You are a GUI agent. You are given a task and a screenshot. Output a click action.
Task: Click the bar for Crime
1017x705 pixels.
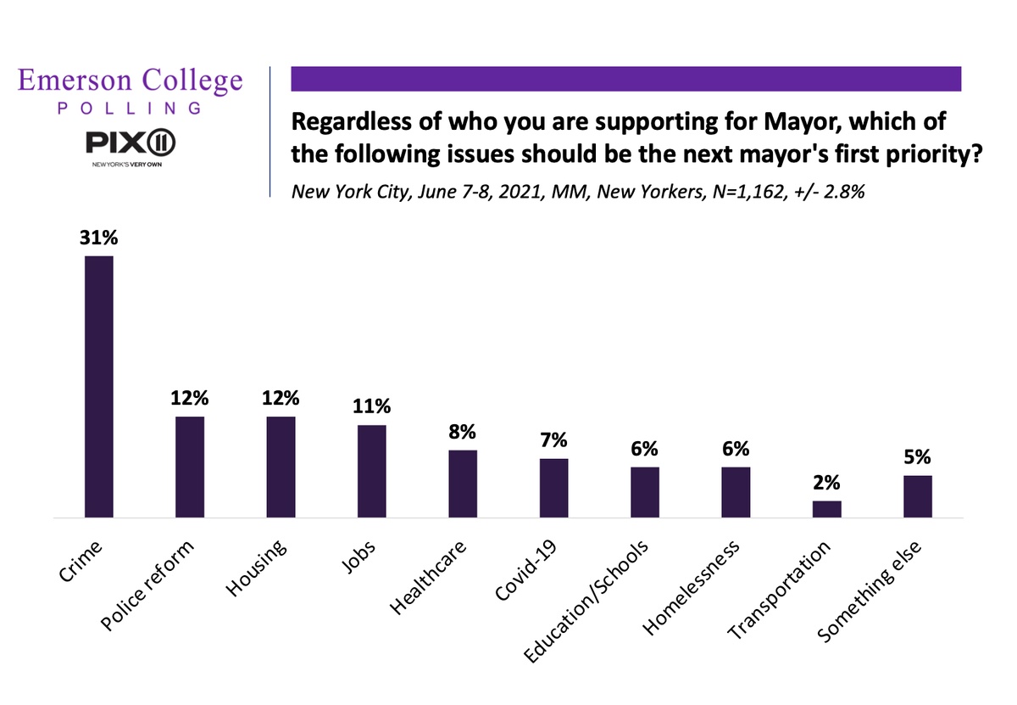click(x=98, y=386)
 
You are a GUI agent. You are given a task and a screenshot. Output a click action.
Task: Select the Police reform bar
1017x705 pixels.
click(x=189, y=467)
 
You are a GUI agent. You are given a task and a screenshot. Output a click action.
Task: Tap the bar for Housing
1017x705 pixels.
click(x=281, y=467)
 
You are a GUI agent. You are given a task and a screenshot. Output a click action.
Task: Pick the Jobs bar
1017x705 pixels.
click(x=371, y=471)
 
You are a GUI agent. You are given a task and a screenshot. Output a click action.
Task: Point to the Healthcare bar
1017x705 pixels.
click(x=462, y=484)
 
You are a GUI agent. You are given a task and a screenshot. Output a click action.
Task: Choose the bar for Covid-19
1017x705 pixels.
click(x=553, y=488)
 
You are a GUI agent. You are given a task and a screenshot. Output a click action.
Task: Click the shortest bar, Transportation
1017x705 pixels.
click(x=826, y=509)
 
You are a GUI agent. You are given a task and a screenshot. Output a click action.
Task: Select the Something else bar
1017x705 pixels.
click(x=917, y=496)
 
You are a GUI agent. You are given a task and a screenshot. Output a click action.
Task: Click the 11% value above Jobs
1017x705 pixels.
click(x=371, y=407)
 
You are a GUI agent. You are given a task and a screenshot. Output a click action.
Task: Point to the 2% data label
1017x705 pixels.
click(x=826, y=484)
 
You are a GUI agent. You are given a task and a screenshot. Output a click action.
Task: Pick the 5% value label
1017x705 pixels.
click(x=917, y=458)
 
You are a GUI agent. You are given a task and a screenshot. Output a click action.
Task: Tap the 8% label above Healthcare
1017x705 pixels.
click(x=462, y=433)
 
